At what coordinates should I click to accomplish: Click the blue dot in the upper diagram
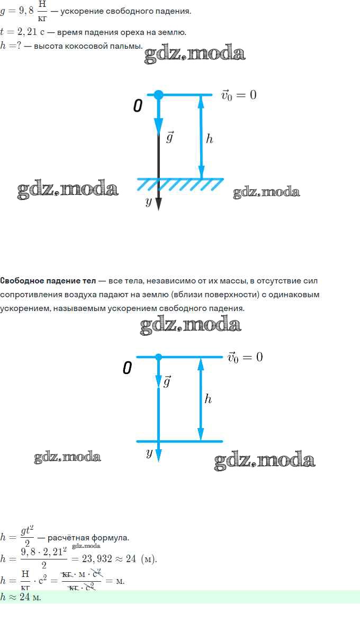pyautogui.click(x=158, y=95)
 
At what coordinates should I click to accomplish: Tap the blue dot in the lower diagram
pyautogui.click(x=159, y=357)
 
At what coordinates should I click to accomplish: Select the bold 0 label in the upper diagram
pyautogui.click(x=138, y=105)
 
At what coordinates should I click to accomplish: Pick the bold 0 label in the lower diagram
pyautogui.click(x=127, y=368)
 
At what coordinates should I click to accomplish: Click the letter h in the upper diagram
pyautogui.click(x=209, y=138)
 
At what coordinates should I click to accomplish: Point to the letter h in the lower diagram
pyautogui.click(x=208, y=398)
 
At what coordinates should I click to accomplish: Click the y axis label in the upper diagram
pyautogui.click(x=149, y=201)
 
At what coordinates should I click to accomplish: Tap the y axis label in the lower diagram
pyautogui.click(x=149, y=452)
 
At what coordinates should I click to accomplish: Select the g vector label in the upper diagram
pyautogui.click(x=170, y=137)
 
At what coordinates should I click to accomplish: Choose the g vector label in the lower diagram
pyautogui.click(x=167, y=381)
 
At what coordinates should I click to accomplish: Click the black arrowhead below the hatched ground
pyautogui.click(x=158, y=203)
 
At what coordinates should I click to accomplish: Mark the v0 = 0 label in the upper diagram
pyautogui.click(x=239, y=95)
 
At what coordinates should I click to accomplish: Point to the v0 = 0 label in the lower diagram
pyautogui.click(x=245, y=358)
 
